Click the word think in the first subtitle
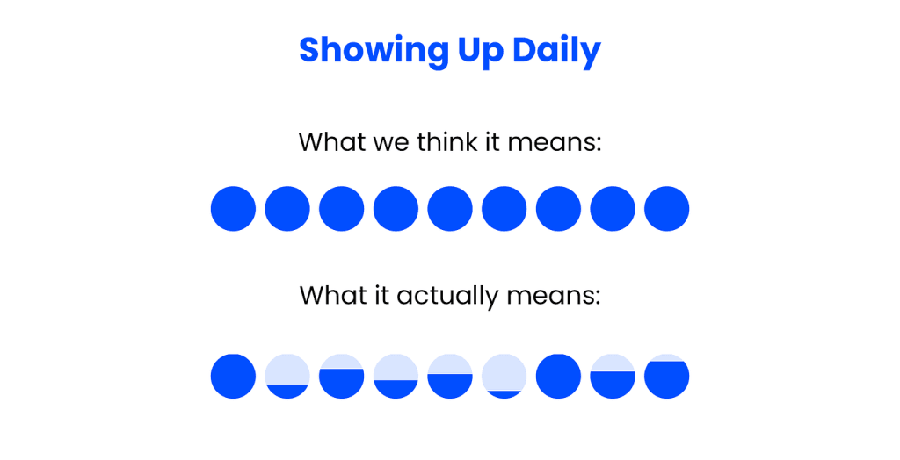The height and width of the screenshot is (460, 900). click(447, 142)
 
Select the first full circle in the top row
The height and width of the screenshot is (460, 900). click(233, 209)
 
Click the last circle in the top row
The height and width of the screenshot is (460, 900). click(666, 209)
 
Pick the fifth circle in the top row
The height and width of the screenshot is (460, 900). click(450, 209)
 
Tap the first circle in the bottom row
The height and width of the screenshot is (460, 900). click(233, 377)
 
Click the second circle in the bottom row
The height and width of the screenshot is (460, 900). click(287, 377)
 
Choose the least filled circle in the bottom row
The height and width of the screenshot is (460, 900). click(504, 377)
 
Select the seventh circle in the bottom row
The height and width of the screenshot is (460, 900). click(558, 377)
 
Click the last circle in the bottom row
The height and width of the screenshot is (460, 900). click(666, 377)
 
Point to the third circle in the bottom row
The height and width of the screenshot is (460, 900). click(342, 377)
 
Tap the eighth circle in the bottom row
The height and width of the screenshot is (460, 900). click(613, 377)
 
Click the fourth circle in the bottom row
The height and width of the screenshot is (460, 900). click(396, 377)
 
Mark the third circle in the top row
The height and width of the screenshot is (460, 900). click(342, 209)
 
